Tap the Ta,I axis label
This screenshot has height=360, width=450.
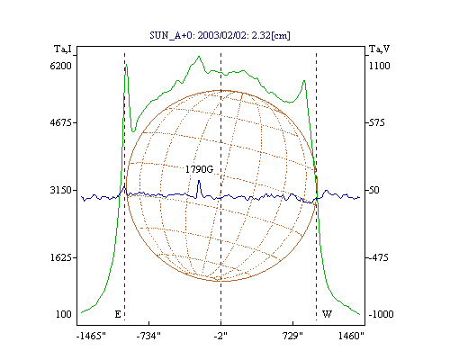coord(63,49)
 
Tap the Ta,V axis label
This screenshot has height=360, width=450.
coord(380,49)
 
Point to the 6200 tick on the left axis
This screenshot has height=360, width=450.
coord(60,66)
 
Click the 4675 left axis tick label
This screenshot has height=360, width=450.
coord(60,122)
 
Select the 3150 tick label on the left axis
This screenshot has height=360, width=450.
coord(60,190)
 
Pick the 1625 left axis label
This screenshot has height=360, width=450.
coord(60,257)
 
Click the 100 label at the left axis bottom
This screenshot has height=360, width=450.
coord(64,314)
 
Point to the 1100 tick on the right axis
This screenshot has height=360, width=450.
coord(380,66)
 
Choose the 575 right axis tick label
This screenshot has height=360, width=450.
coord(377,122)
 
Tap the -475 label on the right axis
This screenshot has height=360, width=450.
coord(378,257)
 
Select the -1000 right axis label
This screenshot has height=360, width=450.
coord(381,314)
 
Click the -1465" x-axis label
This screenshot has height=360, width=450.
coord(91,336)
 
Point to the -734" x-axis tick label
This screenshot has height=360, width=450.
coord(148,336)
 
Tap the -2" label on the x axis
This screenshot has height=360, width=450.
coord(220,336)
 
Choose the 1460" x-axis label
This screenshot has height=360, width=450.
coord(351,336)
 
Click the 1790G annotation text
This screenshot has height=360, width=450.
coord(199,169)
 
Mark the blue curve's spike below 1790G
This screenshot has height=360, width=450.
coord(199,181)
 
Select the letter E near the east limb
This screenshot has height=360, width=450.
coord(118,314)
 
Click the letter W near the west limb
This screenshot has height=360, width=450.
coord(327,314)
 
